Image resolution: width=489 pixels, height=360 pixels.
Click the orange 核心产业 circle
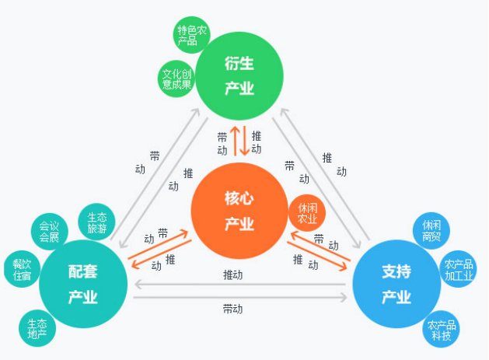239,211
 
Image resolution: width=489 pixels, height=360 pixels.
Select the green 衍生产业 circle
239,76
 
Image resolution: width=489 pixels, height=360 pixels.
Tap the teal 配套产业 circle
82,284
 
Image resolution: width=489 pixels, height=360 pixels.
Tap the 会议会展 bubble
49,232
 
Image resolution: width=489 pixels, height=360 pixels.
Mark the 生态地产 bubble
37,329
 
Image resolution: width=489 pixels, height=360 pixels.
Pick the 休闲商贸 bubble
431,230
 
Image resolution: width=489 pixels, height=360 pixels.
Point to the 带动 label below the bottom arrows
232,309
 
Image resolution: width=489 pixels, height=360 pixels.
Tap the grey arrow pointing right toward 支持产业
241,298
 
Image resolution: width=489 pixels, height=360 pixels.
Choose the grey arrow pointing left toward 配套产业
241,285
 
